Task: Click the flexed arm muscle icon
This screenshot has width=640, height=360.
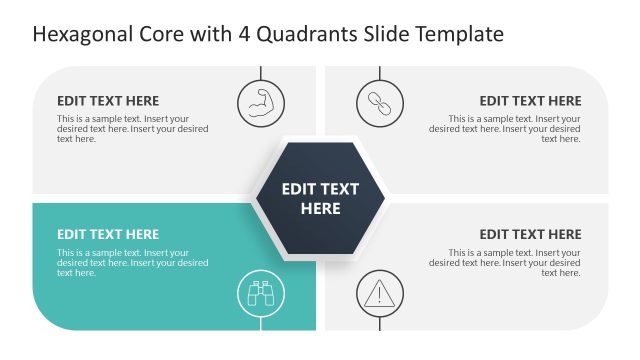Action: pos(260,102)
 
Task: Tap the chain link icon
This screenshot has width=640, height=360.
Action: pos(380,102)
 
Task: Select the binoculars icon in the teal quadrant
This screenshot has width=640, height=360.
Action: pos(260,294)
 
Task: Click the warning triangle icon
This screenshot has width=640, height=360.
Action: pos(380,294)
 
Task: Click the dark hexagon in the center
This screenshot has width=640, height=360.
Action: pos(320,198)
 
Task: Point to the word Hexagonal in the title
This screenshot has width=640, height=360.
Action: pos(81,35)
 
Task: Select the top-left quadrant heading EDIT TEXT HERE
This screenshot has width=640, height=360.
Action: pos(107,101)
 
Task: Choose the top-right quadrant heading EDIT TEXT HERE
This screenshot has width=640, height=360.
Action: pos(530,101)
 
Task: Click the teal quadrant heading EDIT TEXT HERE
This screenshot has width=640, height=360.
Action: pos(107,235)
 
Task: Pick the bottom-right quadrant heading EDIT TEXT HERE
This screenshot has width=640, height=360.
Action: pos(530,235)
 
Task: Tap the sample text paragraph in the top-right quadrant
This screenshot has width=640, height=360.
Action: pos(505,129)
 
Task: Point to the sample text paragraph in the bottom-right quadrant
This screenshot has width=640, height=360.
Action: pos(505,263)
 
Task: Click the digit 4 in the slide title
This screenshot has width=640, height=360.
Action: pos(244,35)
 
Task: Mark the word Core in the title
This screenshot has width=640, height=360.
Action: pos(158,35)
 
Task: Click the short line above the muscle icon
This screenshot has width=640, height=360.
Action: pos(260,73)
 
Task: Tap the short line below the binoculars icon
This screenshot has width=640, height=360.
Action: pos(260,322)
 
